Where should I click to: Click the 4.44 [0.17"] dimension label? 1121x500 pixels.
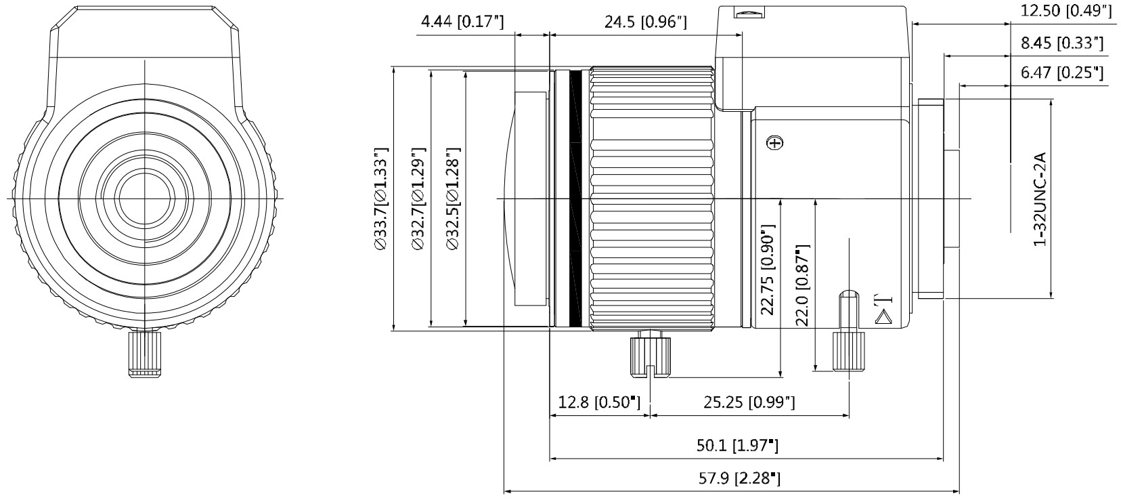click(x=462, y=22)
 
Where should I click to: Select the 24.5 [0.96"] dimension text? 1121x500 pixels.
click(x=646, y=22)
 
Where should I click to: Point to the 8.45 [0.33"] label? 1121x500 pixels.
click(x=1062, y=43)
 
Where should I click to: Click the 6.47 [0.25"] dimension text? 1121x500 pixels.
click(x=1062, y=72)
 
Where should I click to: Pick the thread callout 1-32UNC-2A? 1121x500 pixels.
click(x=1040, y=199)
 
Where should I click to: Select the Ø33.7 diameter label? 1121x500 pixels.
click(x=381, y=199)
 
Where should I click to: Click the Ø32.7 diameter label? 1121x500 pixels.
click(x=418, y=199)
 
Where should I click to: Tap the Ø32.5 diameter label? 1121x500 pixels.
click(x=452, y=199)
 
